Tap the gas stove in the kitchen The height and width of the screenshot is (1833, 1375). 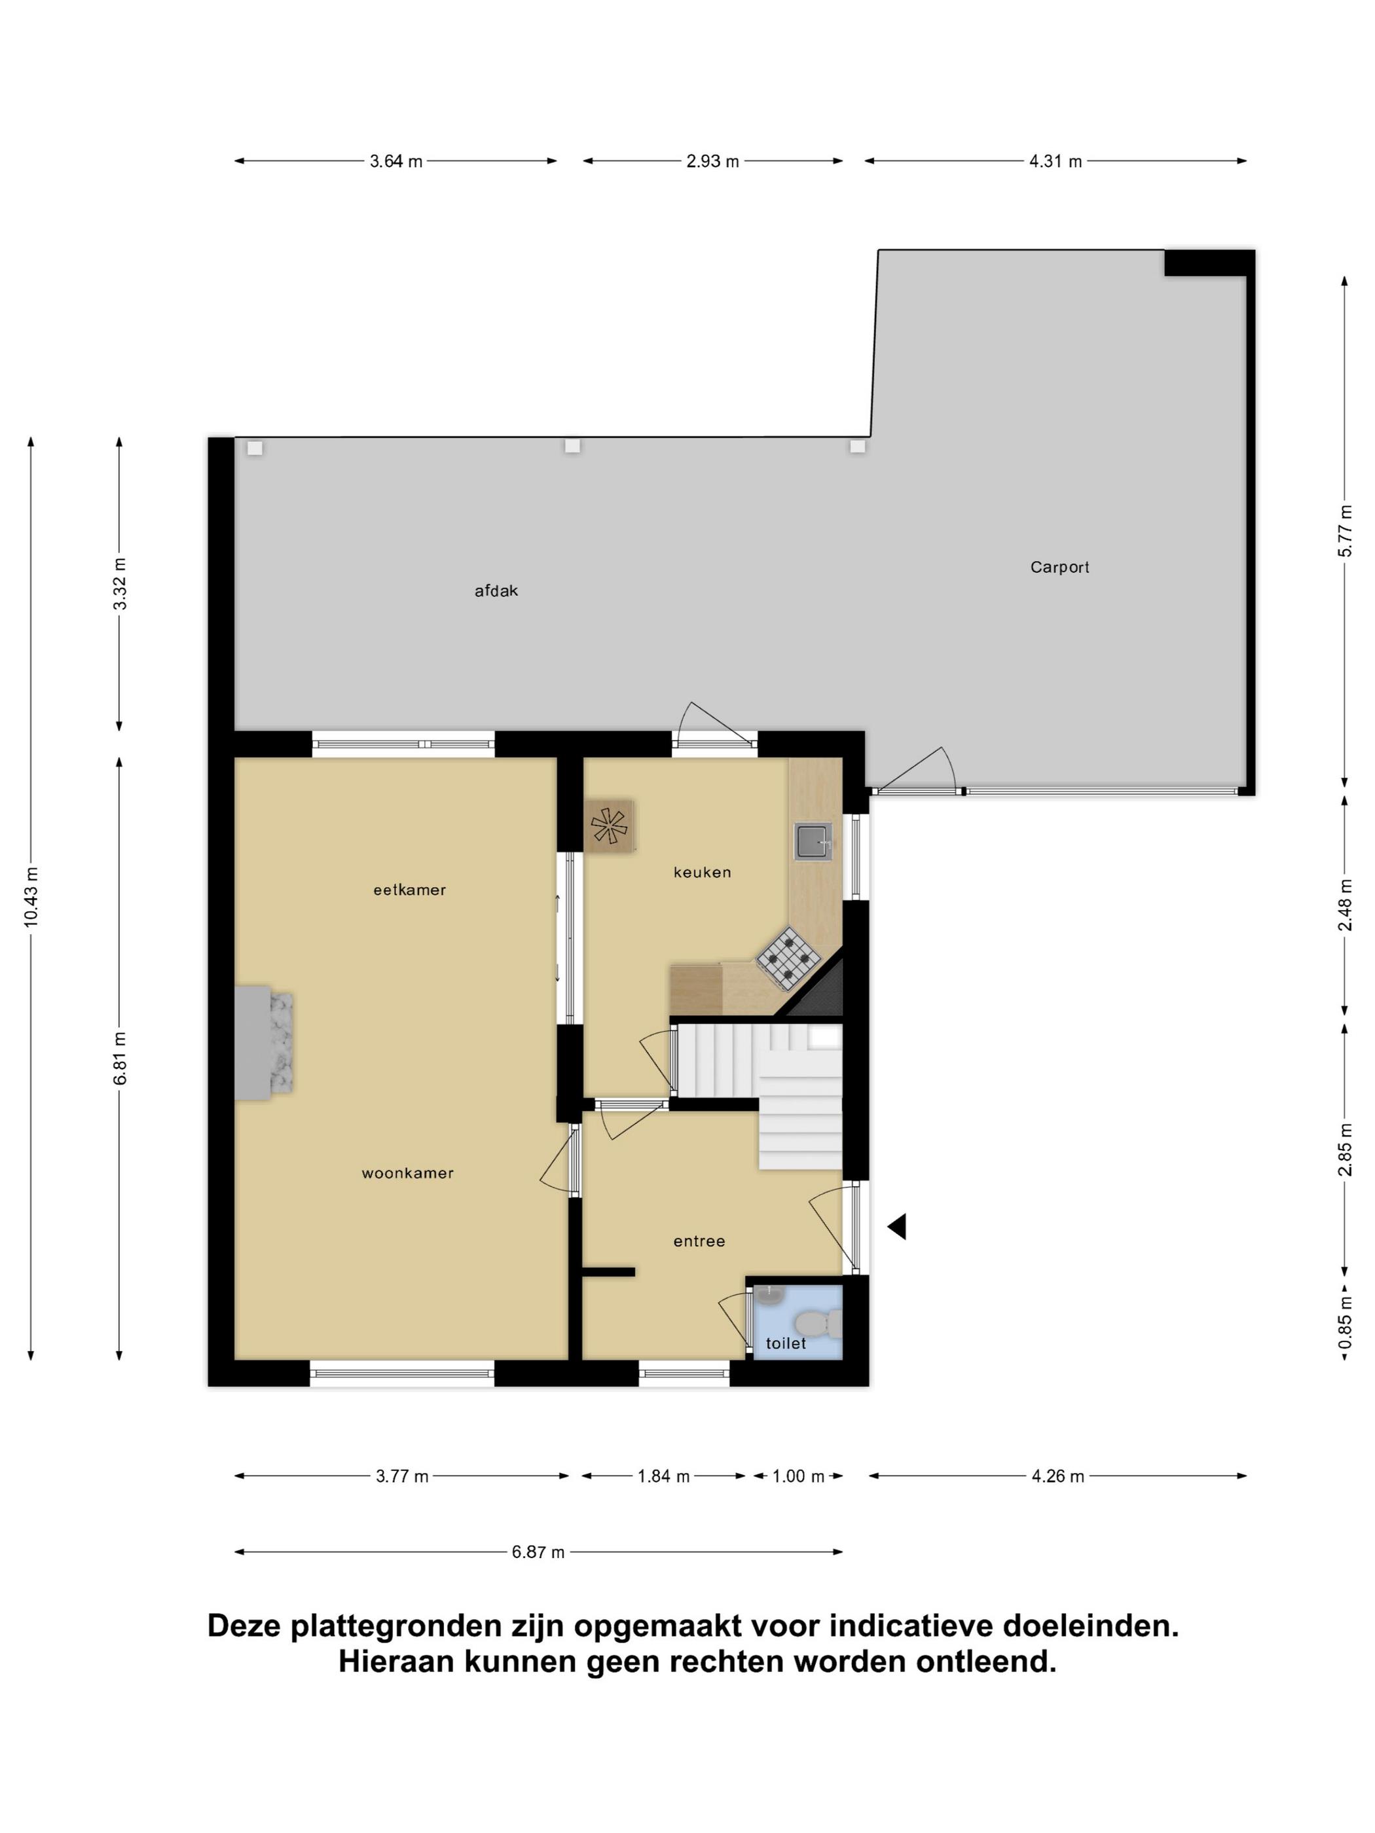(788, 957)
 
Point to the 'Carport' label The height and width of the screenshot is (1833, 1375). (1059, 568)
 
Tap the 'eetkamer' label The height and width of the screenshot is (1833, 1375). (409, 890)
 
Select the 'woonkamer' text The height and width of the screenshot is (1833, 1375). (408, 1173)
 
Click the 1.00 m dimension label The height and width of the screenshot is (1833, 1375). (798, 1476)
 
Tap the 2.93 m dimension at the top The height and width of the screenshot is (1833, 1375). (712, 162)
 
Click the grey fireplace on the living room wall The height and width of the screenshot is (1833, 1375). (264, 1042)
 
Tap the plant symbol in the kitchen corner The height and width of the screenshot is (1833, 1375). (609, 826)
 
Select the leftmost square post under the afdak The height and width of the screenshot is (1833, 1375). (255, 448)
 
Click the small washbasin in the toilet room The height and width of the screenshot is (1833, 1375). (770, 1294)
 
